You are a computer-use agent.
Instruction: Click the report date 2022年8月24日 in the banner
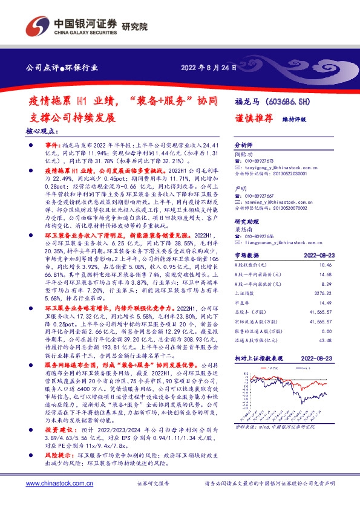coord(209,68)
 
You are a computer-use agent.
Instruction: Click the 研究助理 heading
coord(246,222)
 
